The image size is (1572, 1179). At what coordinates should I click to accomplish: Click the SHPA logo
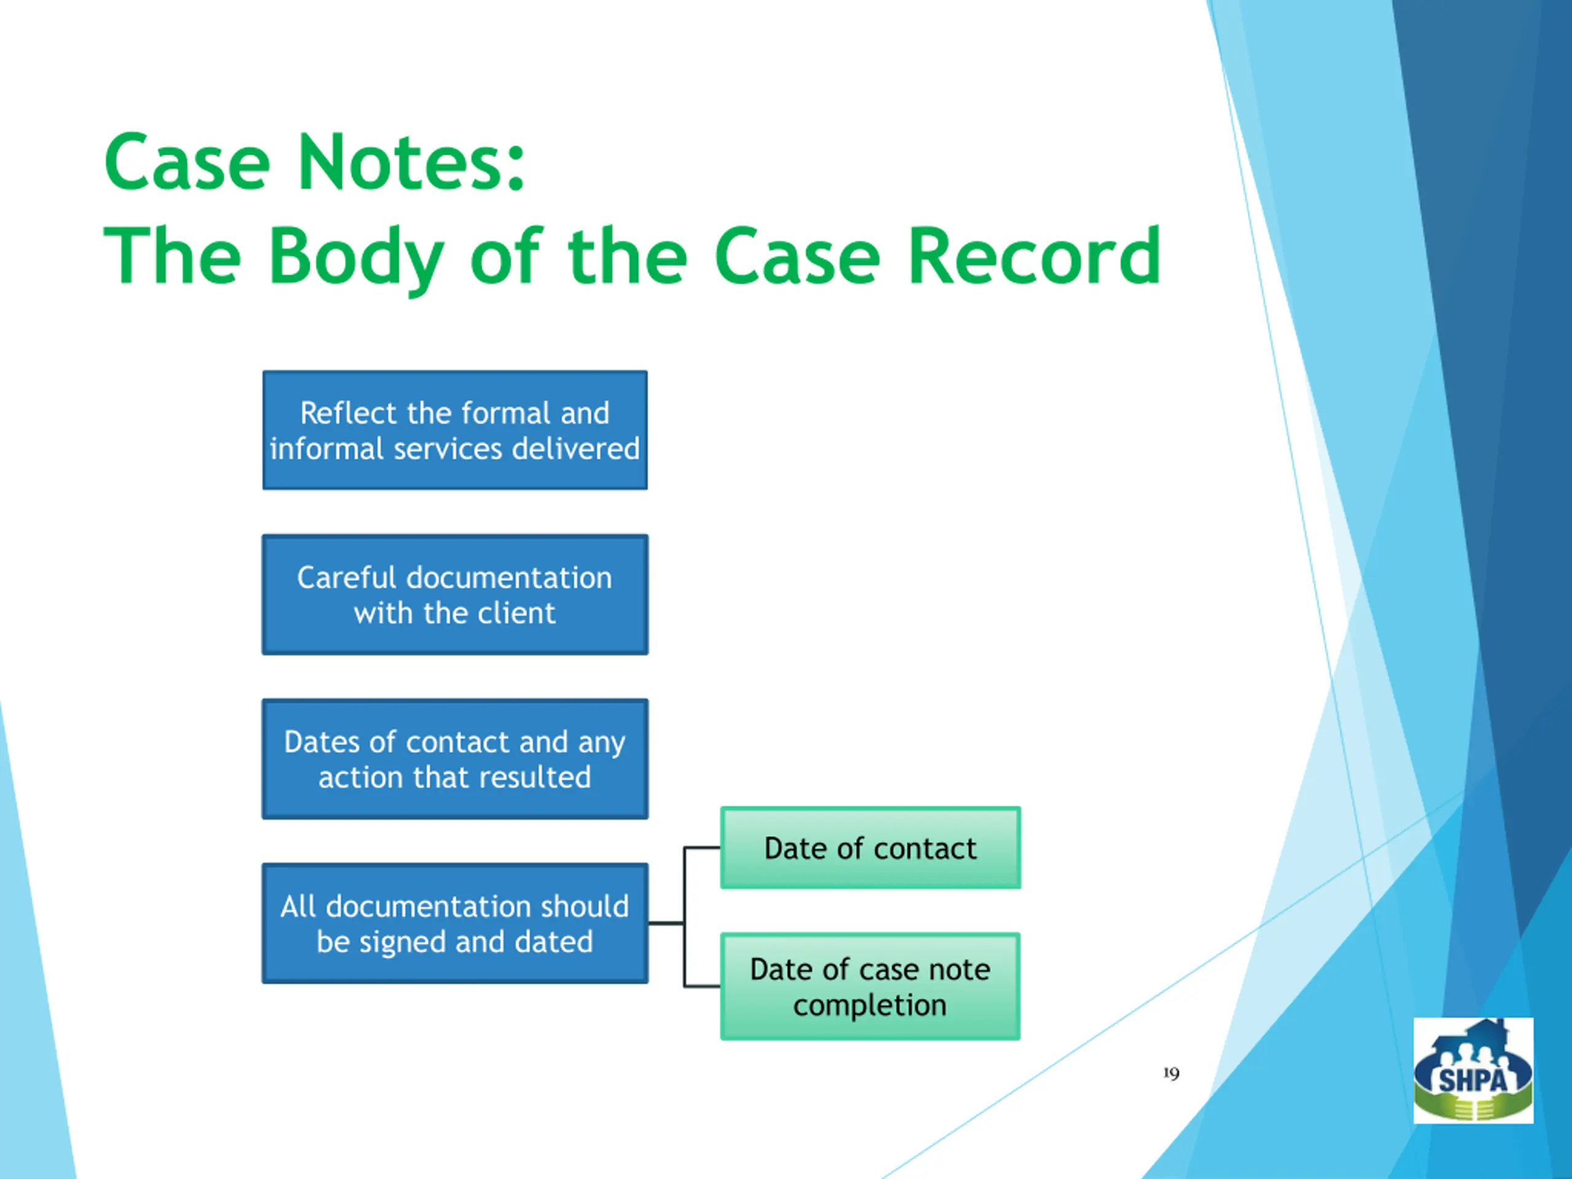(1473, 1070)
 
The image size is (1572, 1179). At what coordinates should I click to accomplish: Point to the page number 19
(1171, 1073)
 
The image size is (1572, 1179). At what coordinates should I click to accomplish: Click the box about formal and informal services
(455, 430)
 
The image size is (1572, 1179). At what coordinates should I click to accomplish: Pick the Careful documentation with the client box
(455, 594)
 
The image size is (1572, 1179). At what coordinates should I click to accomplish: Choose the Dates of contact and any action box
(455, 759)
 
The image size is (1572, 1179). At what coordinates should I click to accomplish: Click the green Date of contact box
(871, 848)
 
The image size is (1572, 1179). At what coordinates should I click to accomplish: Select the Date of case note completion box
(871, 986)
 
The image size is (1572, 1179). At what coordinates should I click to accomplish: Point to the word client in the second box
(516, 613)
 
